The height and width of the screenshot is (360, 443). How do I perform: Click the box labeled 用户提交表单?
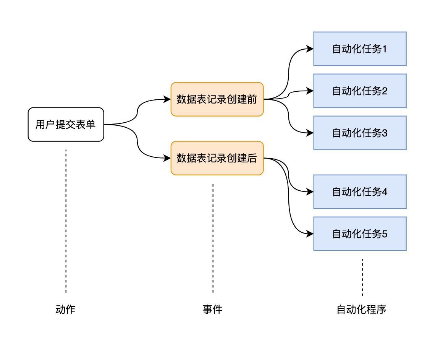(x=66, y=125)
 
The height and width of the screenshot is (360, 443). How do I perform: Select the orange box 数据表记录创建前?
(x=217, y=99)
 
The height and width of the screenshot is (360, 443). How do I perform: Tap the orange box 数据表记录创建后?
(x=217, y=158)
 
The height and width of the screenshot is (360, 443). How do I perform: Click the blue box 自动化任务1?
(x=360, y=49)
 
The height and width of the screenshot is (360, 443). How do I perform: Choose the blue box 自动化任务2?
(x=360, y=91)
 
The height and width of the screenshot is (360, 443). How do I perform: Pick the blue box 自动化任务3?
(x=360, y=133)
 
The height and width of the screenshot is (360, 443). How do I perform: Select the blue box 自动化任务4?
(x=360, y=192)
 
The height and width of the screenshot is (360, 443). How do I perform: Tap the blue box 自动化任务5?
(x=360, y=234)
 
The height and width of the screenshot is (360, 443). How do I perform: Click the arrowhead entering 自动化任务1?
(x=310, y=49)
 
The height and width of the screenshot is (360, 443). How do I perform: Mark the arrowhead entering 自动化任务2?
(x=310, y=91)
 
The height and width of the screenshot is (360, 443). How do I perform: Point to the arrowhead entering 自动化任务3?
(x=310, y=133)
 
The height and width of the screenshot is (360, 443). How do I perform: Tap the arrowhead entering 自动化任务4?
(x=310, y=192)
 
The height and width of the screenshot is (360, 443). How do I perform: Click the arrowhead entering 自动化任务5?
(x=310, y=234)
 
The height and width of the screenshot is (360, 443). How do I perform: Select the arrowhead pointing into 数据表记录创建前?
(x=167, y=99)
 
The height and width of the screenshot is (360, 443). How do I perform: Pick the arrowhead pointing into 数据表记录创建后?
(x=167, y=158)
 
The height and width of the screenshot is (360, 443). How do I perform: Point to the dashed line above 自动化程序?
(x=362, y=277)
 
